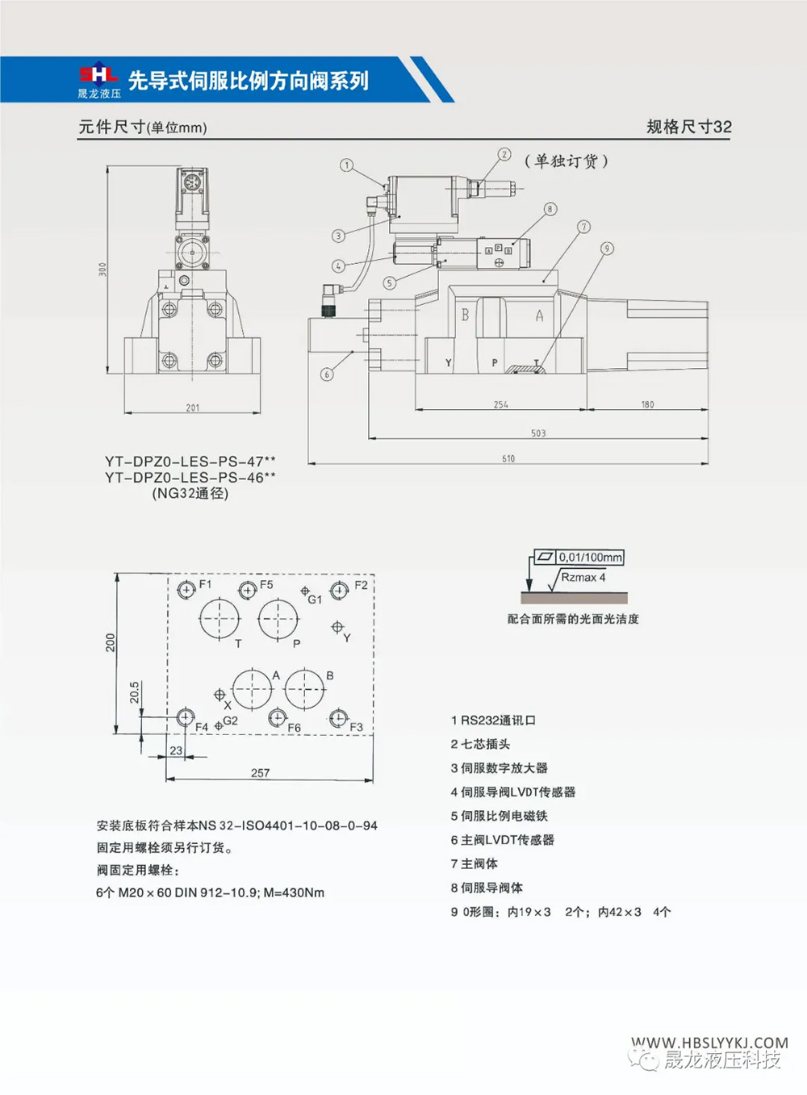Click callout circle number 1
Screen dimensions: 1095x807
point(346,165)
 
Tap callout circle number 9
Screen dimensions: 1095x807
point(607,249)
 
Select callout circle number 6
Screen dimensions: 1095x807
point(327,374)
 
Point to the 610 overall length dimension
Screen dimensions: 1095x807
point(508,458)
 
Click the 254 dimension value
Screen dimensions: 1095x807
point(501,404)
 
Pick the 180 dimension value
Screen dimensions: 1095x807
point(647,404)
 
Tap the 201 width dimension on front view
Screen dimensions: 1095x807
point(193,407)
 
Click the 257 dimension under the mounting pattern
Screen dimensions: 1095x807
point(260,773)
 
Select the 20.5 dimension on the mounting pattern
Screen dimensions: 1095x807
point(135,692)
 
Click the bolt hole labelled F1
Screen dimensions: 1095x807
point(186,590)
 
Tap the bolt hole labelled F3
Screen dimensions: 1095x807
point(338,718)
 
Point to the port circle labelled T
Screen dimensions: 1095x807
point(219,619)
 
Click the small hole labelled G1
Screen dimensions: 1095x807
point(305,591)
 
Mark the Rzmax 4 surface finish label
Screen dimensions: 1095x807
point(583,578)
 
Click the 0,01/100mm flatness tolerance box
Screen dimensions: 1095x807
point(590,558)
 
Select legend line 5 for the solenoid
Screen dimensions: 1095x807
point(499,816)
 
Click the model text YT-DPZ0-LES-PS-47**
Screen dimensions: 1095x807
point(190,462)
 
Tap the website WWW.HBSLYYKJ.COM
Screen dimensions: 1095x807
point(709,1043)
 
